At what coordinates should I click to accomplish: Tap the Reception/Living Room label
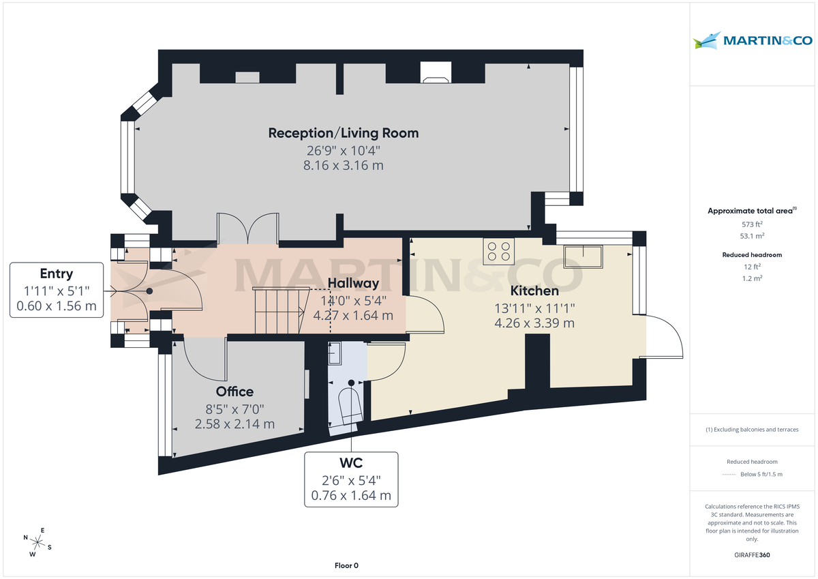[343, 133]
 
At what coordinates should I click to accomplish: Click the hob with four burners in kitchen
[498, 252]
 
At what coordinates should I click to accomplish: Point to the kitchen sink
[582, 256]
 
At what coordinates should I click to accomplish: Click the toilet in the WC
[350, 404]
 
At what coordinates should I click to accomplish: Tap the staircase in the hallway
[278, 310]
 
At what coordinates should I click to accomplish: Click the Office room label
[234, 391]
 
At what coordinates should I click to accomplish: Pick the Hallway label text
[353, 283]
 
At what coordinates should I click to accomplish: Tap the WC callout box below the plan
[350, 479]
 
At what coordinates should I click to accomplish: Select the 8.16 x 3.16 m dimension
[343, 166]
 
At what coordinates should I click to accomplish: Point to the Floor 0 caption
[346, 565]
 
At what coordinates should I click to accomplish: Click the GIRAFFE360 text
[752, 555]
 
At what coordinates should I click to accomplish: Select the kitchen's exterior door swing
[663, 336]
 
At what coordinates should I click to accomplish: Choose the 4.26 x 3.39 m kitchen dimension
[534, 323]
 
